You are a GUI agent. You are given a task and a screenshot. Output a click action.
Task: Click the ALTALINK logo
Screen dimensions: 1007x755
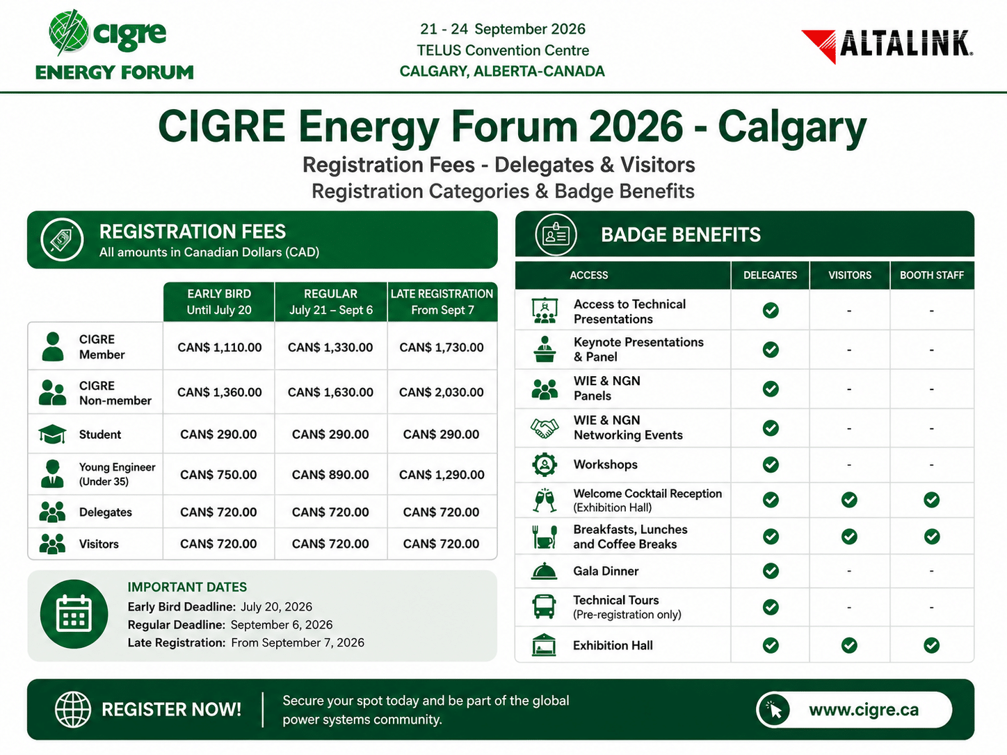coord(887,46)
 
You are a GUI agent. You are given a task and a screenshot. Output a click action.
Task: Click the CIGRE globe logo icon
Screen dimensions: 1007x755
coord(69,31)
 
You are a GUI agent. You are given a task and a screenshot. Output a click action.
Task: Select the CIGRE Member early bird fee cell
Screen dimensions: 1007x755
coord(219,348)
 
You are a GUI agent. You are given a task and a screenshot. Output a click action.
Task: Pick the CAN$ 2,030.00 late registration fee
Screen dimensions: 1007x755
coord(442,392)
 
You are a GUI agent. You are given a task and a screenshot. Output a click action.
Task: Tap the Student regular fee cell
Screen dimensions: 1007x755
coord(330,435)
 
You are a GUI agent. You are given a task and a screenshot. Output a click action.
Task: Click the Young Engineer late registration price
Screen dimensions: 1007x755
coord(442,475)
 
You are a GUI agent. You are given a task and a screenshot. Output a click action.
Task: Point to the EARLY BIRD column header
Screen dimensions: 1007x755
coord(219,302)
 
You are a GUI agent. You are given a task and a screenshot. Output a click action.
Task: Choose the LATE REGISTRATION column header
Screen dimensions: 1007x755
coord(442,302)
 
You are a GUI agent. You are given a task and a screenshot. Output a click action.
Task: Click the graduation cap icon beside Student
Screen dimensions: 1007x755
coord(52,434)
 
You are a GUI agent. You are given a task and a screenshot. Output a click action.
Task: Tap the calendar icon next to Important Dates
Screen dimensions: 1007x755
coord(74,615)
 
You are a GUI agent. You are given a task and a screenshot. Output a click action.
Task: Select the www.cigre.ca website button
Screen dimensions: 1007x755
coord(854,710)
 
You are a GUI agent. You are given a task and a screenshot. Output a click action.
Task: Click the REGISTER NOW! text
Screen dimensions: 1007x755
coord(171,710)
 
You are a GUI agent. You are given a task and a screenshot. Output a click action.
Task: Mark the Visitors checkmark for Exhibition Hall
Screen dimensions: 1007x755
coord(849,645)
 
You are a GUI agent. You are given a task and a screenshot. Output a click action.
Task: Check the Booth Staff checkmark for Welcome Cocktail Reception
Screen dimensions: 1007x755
coord(931,500)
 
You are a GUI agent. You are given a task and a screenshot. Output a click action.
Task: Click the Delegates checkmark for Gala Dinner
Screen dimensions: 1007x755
coord(771,571)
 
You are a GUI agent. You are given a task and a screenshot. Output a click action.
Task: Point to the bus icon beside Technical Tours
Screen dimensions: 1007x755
coord(544,606)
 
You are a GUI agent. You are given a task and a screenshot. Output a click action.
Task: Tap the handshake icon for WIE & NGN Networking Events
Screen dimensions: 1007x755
coord(545,428)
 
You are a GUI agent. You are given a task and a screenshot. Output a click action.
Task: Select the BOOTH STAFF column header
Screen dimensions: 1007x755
coord(932,275)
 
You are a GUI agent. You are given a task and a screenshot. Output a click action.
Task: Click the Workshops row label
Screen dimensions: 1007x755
coord(606,464)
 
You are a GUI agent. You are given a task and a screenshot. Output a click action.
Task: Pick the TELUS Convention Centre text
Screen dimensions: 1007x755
coord(503,50)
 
